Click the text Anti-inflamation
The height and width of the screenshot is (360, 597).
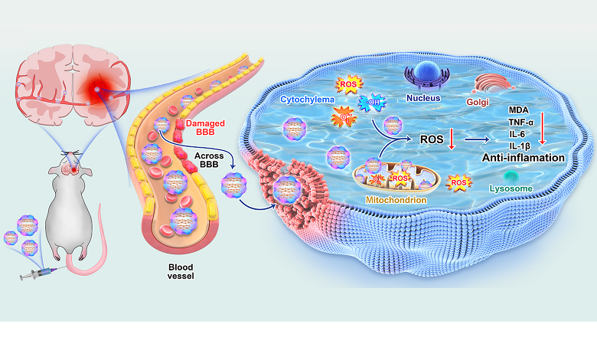point(523,158)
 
